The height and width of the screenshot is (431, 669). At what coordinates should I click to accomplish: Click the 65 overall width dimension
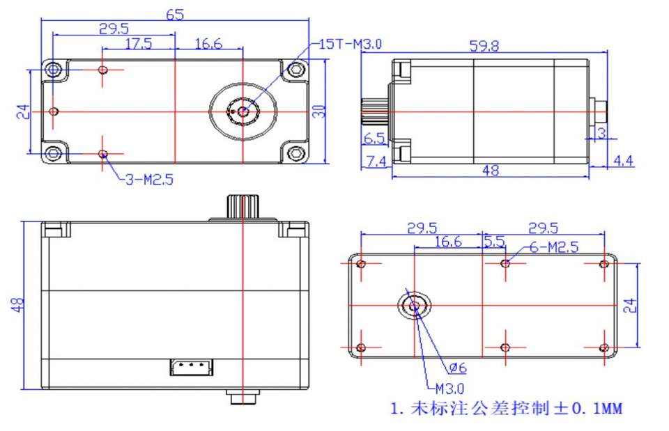[176, 15]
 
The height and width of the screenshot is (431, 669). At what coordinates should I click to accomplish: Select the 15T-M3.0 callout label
[350, 44]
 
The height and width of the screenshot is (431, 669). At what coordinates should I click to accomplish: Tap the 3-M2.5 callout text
[148, 180]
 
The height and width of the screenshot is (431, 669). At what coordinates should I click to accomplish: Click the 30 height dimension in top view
[320, 111]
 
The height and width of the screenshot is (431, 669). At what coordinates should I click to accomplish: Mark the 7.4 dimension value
[376, 162]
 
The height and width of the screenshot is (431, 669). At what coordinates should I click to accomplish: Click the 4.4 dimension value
[622, 162]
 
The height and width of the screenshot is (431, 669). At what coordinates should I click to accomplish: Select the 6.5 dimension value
[374, 138]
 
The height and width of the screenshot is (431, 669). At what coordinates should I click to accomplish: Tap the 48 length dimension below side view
[491, 170]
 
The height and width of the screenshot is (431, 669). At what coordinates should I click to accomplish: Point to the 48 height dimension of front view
[17, 304]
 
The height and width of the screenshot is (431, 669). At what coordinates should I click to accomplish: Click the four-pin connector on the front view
[192, 366]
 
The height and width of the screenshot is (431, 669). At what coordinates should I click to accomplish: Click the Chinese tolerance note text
[507, 409]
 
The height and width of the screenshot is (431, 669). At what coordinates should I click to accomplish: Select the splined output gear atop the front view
[241, 207]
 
